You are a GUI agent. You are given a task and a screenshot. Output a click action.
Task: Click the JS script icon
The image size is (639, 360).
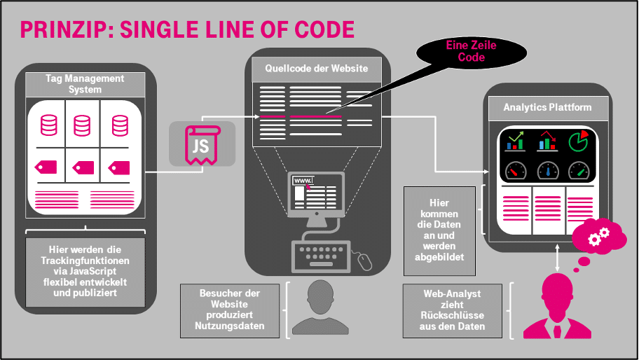201,145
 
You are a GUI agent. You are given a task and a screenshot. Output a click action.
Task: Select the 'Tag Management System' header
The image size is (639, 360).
85,84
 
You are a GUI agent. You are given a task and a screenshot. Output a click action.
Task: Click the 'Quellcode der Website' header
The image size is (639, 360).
316,69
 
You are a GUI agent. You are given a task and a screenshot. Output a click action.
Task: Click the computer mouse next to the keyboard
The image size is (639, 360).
364,261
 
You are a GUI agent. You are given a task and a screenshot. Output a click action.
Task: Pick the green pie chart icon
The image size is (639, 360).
579,141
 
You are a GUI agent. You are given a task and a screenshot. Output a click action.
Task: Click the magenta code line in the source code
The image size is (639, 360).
315,116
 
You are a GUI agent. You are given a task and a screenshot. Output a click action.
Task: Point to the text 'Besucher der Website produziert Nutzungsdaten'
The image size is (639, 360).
231,307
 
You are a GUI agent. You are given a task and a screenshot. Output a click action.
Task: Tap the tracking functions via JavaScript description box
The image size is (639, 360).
85,271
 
